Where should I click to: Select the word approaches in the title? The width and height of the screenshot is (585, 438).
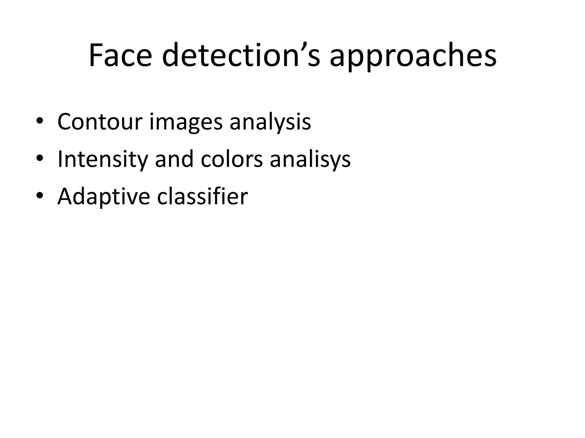point(413,57)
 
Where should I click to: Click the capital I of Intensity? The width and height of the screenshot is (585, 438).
point(60,159)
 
